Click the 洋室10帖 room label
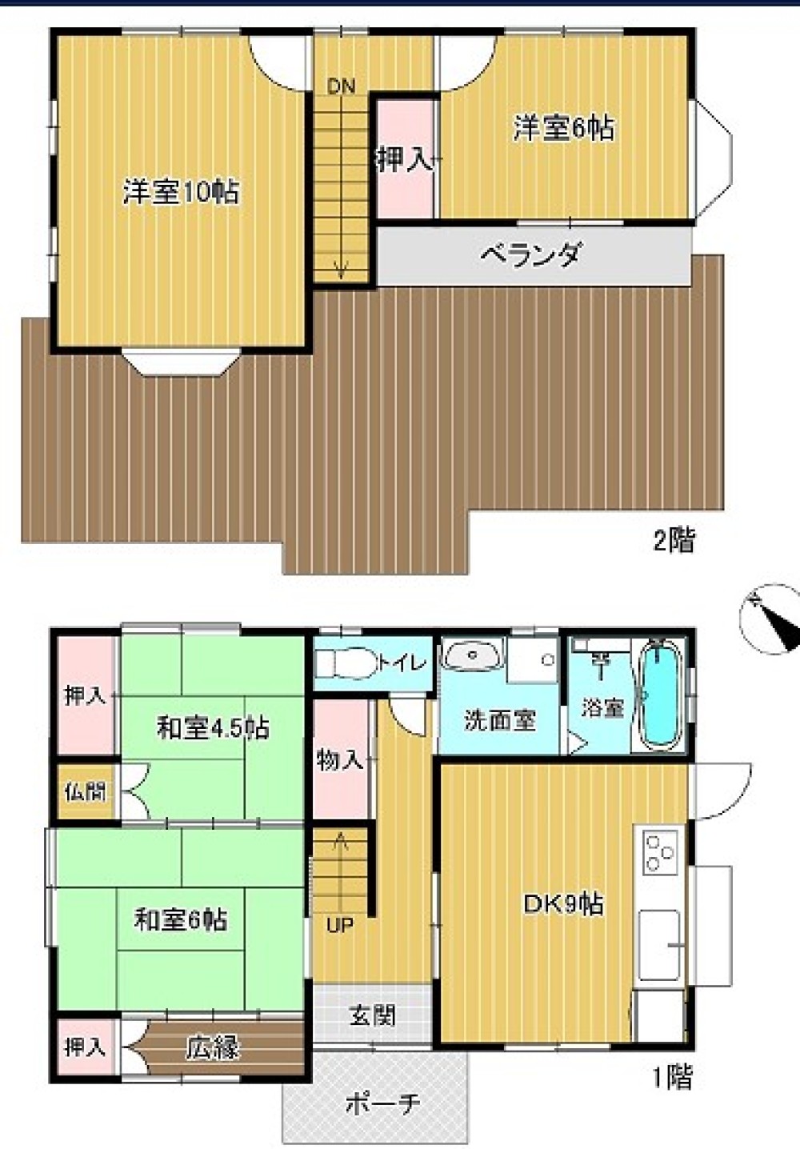[x=181, y=192]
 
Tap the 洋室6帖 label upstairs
[x=564, y=128]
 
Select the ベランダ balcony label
[x=530, y=256]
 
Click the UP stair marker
[x=340, y=926]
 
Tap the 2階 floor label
[x=674, y=542]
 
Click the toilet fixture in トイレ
[x=344, y=663]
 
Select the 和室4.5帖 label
[x=212, y=728]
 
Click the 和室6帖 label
[x=181, y=920]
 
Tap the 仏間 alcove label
[x=85, y=792]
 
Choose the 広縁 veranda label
[x=213, y=1047]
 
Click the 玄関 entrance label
[x=372, y=1016]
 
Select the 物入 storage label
[x=340, y=760]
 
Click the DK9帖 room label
[x=563, y=904]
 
